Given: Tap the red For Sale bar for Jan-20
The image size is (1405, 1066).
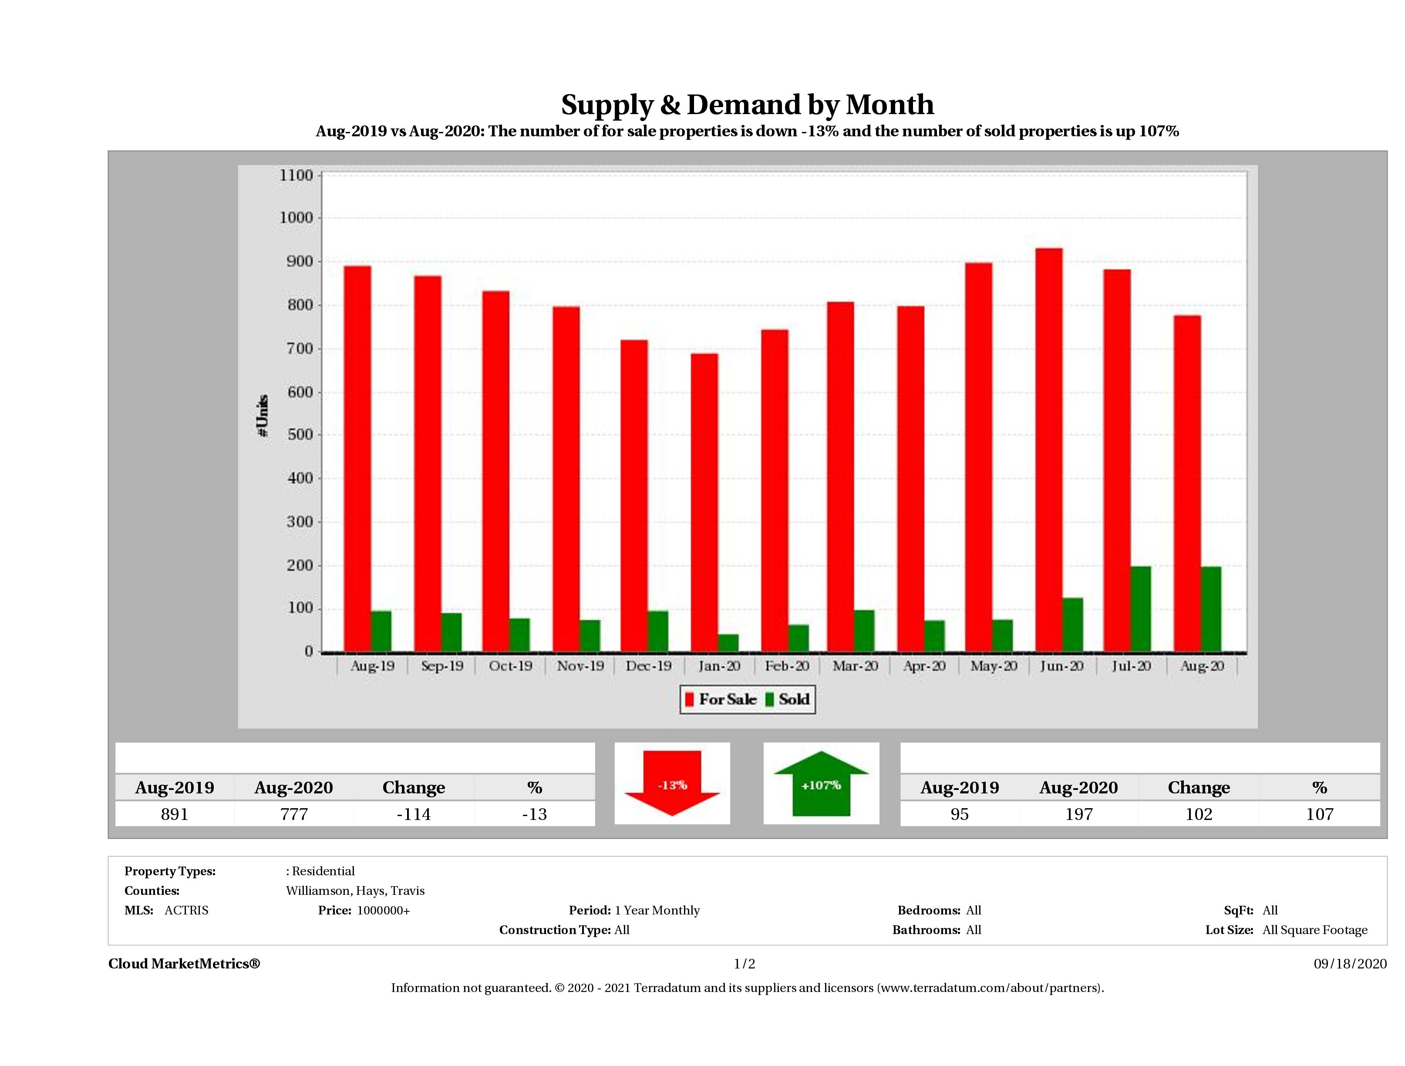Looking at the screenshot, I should tap(704, 503).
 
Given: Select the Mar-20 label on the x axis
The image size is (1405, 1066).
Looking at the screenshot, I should tap(855, 666).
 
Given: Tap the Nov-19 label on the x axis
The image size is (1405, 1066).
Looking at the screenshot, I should tap(580, 666).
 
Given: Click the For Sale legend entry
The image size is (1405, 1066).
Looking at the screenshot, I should tap(721, 699).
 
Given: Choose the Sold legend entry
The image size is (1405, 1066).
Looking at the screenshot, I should tap(788, 699).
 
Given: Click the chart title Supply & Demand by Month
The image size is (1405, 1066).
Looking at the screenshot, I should tap(747, 105).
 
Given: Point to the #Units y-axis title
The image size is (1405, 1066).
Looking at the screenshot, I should tap(263, 415).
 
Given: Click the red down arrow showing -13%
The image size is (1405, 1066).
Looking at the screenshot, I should tap(672, 783).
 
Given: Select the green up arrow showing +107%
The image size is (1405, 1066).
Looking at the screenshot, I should tap(821, 783).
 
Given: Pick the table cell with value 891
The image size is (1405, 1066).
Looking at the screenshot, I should tap(175, 814).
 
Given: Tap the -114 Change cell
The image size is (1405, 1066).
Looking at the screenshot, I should tap(414, 814).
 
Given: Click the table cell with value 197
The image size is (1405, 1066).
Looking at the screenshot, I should tap(1078, 814).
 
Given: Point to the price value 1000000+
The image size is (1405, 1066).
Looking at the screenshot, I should tap(383, 911).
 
